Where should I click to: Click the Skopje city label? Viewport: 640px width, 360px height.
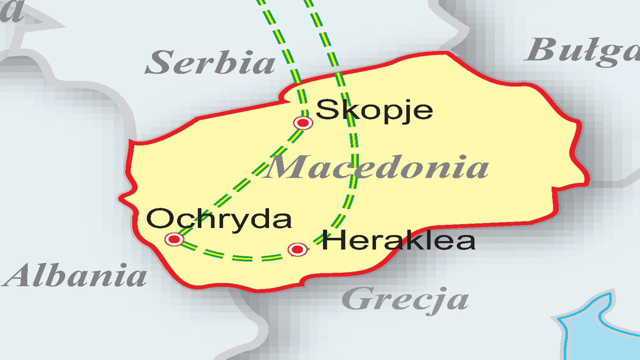tap(374, 110)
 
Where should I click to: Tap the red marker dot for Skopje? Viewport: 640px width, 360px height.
tap(303, 122)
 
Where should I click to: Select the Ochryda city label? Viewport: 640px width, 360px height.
tap(218, 219)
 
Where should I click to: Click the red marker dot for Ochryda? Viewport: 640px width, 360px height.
tap(174, 239)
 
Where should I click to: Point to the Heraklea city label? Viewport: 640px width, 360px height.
tap(398, 240)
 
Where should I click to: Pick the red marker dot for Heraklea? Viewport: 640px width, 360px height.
tap(297, 249)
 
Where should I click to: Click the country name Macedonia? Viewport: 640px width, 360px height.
tap(377, 167)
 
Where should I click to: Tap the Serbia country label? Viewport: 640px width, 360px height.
tap(210, 63)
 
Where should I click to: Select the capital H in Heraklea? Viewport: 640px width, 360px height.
tap(332, 240)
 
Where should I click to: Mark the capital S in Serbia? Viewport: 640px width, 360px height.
tap(158, 63)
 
